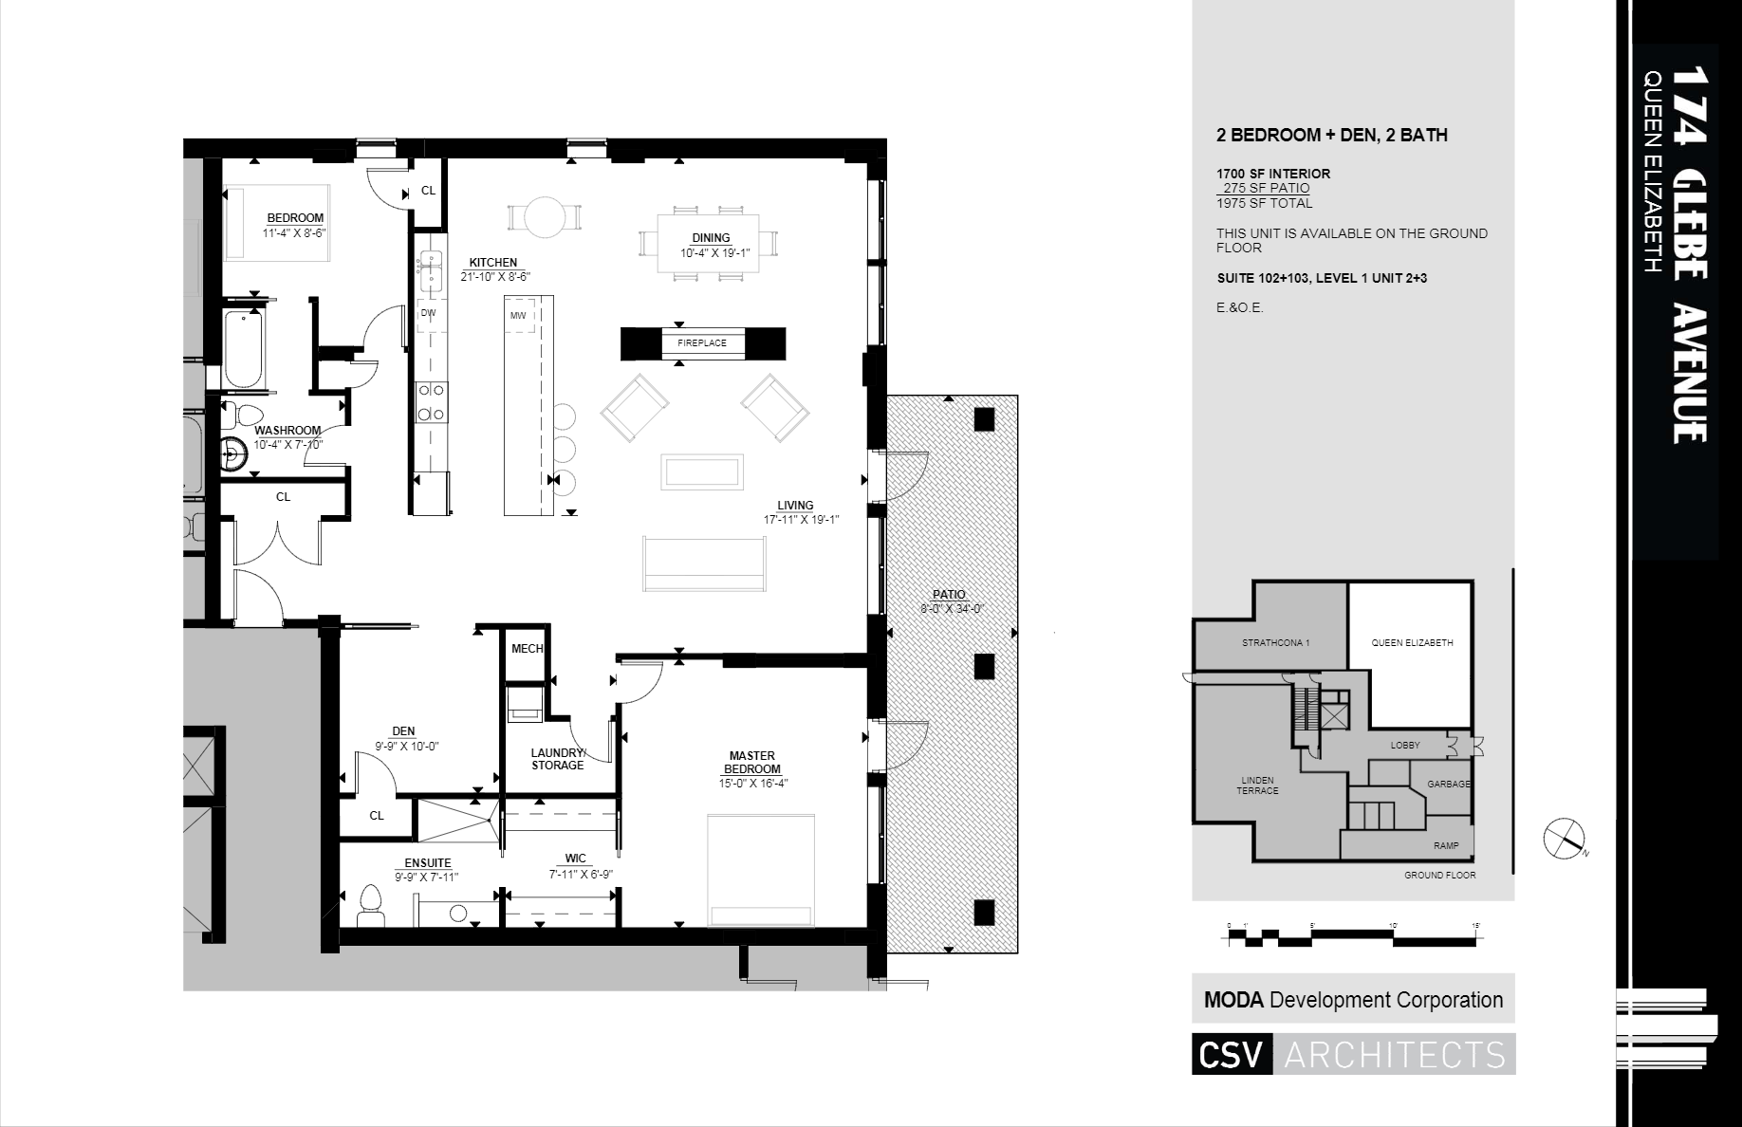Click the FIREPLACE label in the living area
coord(702,342)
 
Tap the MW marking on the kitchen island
coord(518,315)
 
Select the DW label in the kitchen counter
coord(428,313)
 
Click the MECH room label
coord(527,649)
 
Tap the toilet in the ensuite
coord(369,905)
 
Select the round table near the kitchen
coord(545,217)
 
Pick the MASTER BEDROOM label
coord(752,763)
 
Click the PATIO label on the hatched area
coord(949,595)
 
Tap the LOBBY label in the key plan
coord(1405,746)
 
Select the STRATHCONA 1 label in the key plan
coord(1275,643)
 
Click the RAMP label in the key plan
coord(1446,845)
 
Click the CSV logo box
coord(1231,1055)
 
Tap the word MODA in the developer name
coord(1233,1000)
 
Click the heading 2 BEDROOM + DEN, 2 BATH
coord(1331,136)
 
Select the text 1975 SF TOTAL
coord(1264,203)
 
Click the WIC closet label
coord(575,859)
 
